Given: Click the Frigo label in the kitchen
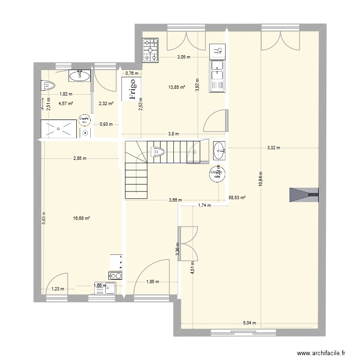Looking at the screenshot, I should pyautogui.click(x=132, y=90).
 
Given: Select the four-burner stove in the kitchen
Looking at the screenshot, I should pyautogui.click(x=150, y=49).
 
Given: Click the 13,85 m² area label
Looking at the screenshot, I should pyautogui.click(x=176, y=87).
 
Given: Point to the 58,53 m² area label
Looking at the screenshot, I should pyautogui.click(x=237, y=197).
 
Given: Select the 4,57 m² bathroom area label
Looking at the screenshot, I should pyautogui.click(x=65, y=103).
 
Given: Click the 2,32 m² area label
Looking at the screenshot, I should pyautogui.click(x=106, y=103).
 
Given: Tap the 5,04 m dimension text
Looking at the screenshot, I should pyautogui.click(x=249, y=323).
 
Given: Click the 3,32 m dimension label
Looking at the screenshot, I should pyautogui.click(x=275, y=148).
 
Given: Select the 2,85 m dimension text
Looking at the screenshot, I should pyautogui.click(x=80, y=158).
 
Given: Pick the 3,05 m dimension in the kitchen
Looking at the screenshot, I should pyautogui.click(x=183, y=57).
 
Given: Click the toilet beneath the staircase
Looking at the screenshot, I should pyautogui.click(x=157, y=152).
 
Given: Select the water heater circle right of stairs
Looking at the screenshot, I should pyautogui.click(x=216, y=173).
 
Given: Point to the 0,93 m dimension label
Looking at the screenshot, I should pyautogui.click(x=106, y=124).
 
